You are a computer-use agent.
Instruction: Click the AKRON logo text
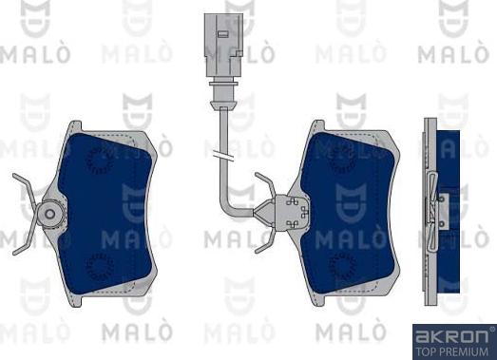click(452, 336)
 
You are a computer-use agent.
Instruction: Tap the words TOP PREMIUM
click(452, 351)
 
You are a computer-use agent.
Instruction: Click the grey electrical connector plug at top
click(223, 45)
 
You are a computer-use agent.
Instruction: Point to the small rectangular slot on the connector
click(223, 33)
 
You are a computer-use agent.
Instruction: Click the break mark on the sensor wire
click(223, 156)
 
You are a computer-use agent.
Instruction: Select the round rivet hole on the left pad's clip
click(49, 214)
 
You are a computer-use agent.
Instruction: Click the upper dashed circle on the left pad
click(100, 160)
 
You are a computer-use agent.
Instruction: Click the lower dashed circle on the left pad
click(100, 267)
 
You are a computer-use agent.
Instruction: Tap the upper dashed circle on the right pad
click(342, 160)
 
